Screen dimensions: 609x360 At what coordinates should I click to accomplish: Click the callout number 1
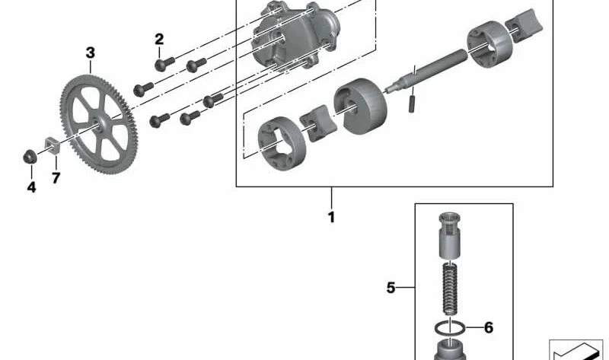331,217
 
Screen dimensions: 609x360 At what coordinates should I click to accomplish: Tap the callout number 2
159,40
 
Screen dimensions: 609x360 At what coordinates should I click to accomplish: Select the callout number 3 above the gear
90,53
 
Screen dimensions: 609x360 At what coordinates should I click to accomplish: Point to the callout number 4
31,187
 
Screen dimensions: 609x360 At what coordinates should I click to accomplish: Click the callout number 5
391,288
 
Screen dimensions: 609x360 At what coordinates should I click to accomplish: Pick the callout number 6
489,327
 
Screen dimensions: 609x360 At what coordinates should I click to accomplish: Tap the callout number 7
56,178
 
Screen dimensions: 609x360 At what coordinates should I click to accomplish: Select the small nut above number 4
30,157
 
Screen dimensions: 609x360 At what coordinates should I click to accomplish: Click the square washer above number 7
52,145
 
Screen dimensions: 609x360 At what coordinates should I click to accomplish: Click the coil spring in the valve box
450,288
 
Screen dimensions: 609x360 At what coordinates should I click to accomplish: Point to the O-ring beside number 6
450,329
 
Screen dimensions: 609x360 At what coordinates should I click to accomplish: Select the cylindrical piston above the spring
450,235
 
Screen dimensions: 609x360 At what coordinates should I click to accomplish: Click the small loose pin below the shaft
412,104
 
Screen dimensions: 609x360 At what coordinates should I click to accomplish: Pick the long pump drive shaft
426,72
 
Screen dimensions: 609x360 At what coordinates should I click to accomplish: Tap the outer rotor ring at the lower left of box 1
282,145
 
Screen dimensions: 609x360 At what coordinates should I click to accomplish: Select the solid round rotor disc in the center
360,106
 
